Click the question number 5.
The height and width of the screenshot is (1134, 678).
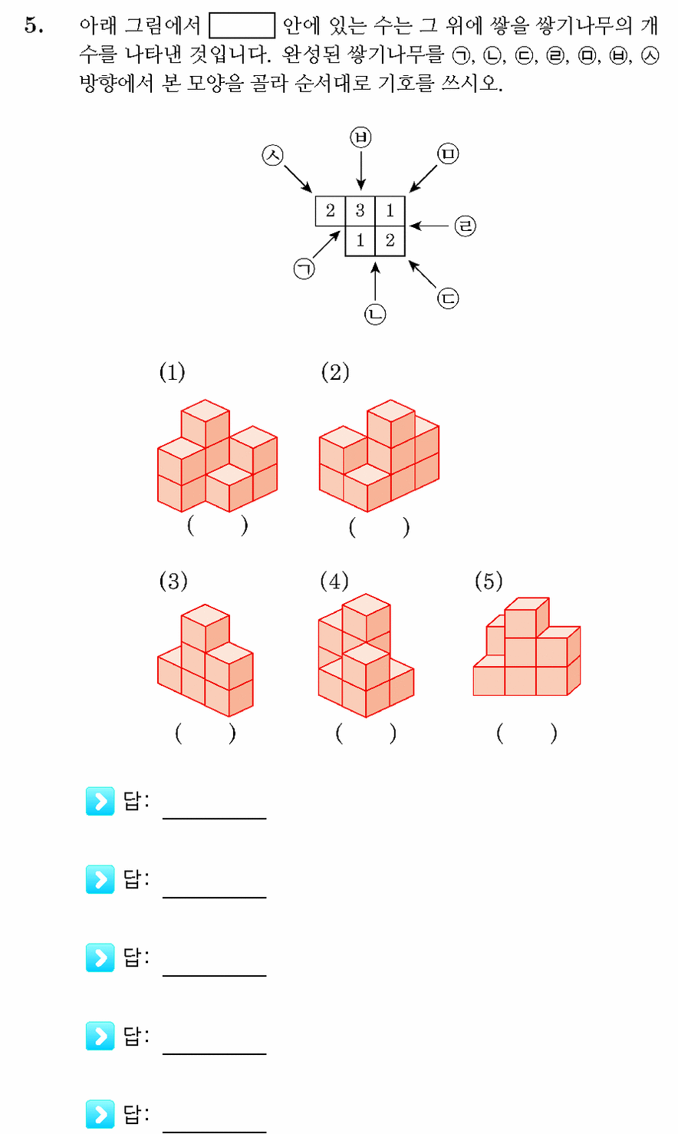(34, 25)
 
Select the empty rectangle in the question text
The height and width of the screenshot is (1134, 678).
(242, 26)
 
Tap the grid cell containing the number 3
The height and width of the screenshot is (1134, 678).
(360, 210)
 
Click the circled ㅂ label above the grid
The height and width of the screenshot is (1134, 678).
(360, 137)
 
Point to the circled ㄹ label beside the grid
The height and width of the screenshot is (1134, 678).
(465, 226)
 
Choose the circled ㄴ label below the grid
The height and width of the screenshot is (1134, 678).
(375, 314)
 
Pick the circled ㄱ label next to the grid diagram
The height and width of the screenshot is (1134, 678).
(304, 269)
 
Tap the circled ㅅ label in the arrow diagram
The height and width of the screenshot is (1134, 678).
(273, 155)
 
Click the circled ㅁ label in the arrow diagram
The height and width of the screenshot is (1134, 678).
(448, 154)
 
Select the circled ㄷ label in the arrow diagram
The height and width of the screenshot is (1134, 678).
(448, 298)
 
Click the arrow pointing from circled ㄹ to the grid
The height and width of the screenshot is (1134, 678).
(429, 226)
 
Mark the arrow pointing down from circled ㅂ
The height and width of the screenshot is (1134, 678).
(360, 170)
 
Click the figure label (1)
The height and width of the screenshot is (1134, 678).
(172, 373)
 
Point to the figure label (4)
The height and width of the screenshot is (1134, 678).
(334, 581)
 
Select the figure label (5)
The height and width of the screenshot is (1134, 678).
(489, 581)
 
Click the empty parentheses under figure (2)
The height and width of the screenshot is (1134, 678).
(379, 527)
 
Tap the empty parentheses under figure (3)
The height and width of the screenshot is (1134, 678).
(205, 733)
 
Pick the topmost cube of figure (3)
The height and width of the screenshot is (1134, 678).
(206, 628)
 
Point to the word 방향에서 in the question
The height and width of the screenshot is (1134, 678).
(117, 83)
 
